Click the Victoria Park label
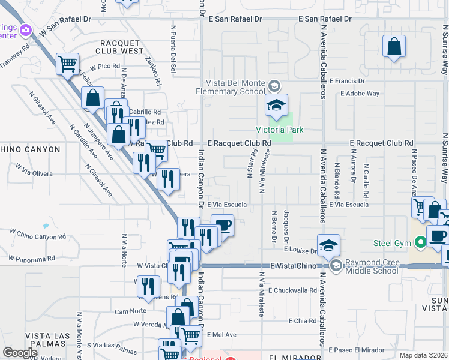(x=280, y=130)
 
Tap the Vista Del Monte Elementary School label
(x=231, y=87)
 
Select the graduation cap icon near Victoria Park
(x=276, y=106)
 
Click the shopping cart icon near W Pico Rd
(x=68, y=63)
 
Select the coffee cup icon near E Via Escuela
(x=223, y=226)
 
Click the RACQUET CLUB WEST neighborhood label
(x=122, y=47)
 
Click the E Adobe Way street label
(x=360, y=94)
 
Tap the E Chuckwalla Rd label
(x=292, y=290)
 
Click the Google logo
(x=20, y=353)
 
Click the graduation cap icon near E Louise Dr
(x=329, y=245)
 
